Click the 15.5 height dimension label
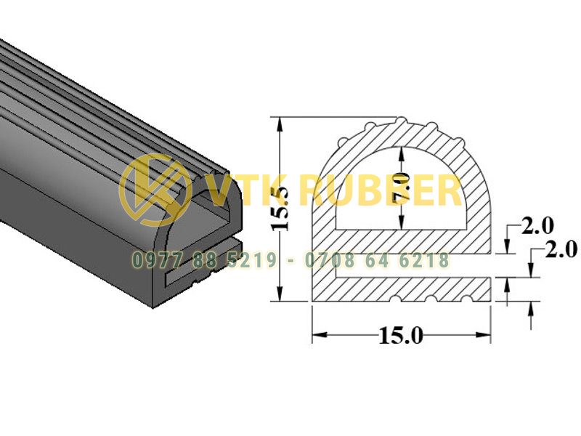point(281,209)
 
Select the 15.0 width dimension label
point(401,336)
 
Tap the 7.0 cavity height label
point(402,187)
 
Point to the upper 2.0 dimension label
point(537,226)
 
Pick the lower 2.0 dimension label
point(561,249)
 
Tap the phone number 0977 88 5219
point(205,260)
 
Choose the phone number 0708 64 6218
point(377,260)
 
